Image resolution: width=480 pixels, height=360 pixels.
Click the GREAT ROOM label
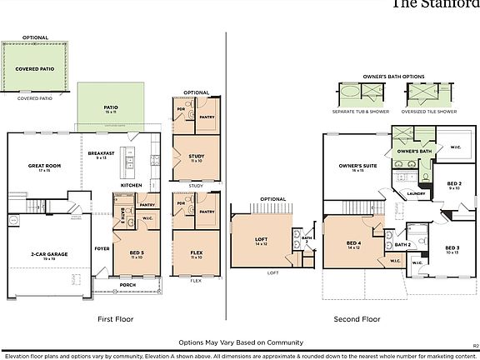[40, 166]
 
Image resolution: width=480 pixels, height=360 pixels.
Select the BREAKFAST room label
[101, 154]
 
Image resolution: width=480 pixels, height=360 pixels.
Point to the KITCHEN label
[132, 185]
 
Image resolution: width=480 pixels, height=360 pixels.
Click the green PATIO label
[111, 107]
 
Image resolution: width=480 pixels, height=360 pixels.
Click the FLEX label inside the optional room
[197, 254]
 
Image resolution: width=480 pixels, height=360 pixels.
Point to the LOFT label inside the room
[261, 240]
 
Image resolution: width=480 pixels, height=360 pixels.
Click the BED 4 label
[352, 245]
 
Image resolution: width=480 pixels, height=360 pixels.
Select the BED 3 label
[452, 248]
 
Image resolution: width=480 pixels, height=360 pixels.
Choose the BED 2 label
[454, 184]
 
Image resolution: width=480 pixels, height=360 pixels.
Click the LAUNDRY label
[417, 193]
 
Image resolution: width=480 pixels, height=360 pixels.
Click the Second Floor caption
[357, 318]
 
